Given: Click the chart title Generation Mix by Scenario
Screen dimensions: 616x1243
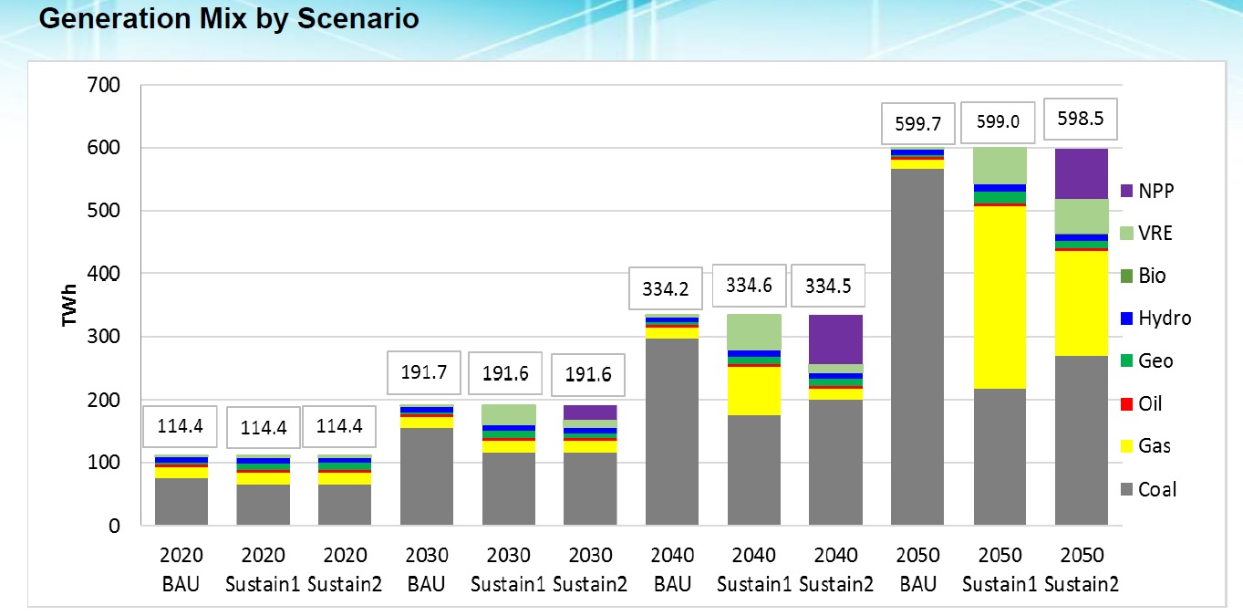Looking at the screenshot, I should [x=229, y=19].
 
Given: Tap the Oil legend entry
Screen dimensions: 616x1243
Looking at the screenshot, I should [x=1149, y=403].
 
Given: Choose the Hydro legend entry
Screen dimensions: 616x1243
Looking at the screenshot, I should [x=1155, y=318].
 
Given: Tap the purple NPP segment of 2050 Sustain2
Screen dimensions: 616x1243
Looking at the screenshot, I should [x=1082, y=173].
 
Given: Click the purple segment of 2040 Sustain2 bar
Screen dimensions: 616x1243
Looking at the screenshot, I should [x=836, y=339].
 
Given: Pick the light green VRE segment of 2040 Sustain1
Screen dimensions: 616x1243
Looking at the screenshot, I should [x=754, y=331].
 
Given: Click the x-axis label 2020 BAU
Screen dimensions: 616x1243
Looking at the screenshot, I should [x=181, y=569].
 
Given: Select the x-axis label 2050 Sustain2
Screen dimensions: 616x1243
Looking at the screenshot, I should [x=1082, y=569].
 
